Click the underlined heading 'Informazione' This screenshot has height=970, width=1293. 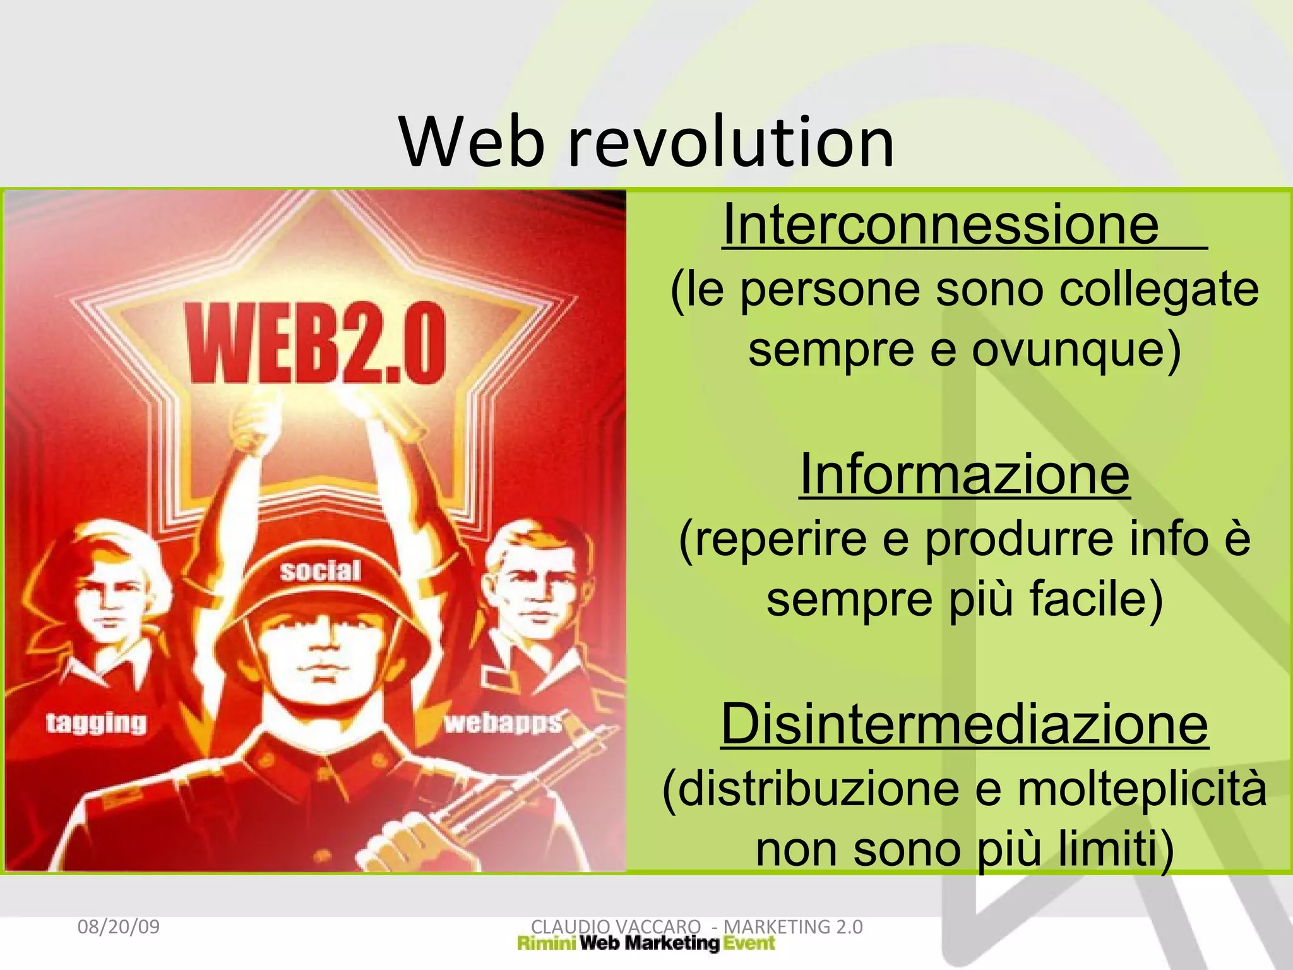(964, 475)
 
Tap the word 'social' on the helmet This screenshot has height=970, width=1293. (321, 571)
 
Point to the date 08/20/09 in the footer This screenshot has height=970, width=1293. (118, 927)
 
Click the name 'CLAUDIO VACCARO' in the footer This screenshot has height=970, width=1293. (616, 927)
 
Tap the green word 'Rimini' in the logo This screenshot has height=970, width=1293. (546, 943)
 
